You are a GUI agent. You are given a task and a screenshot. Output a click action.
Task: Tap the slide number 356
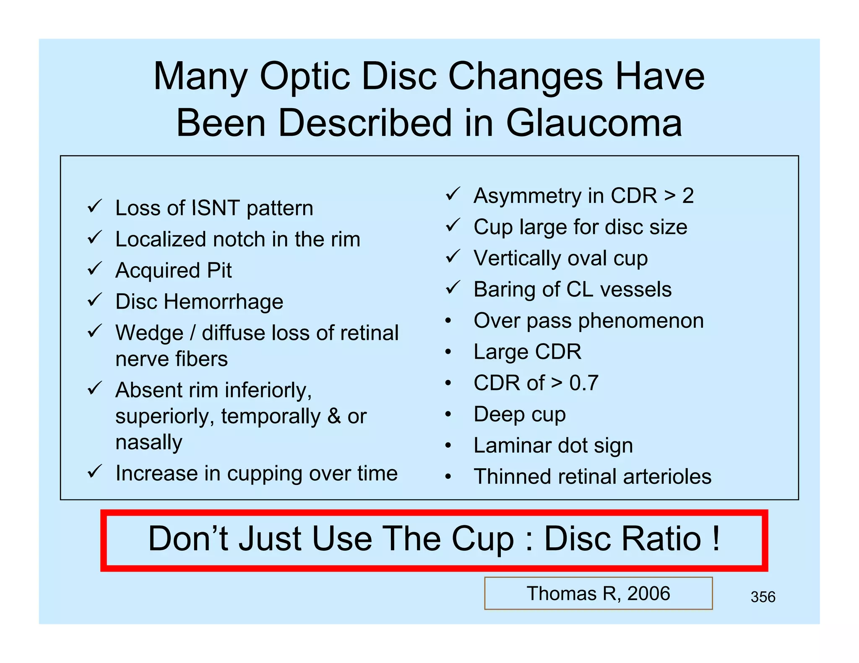point(763,596)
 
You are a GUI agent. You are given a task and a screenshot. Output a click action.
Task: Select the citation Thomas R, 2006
point(598,593)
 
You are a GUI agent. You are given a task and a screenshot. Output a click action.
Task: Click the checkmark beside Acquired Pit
point(95,269)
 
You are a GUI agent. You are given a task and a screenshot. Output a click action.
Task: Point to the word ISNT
point(216,208)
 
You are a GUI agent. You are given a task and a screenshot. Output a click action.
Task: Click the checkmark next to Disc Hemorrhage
point(95,300)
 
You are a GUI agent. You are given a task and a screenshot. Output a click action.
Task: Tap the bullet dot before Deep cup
point(448,414)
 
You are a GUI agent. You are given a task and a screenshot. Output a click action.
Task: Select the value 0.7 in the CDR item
point(583,383)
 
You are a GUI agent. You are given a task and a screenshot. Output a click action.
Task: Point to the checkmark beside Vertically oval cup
point(453,256)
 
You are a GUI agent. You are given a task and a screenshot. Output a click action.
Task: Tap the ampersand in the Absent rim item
point(334,416)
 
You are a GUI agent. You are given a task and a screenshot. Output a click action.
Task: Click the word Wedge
point(149,333)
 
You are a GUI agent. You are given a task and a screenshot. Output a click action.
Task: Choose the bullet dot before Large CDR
point(448,352)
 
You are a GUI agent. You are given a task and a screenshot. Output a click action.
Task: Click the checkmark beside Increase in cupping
point(95,472)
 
